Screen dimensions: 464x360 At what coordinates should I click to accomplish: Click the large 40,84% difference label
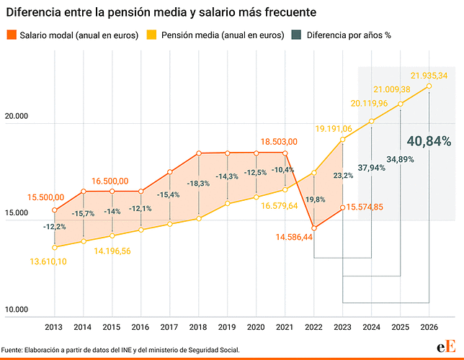(429, 141)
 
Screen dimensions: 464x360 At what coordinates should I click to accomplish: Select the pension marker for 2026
(429, 86)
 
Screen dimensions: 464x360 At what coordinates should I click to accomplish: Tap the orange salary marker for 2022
(314, 228)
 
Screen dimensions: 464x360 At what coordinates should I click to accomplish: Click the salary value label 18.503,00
(279, 142)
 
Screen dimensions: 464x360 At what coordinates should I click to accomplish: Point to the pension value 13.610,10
(48, 261)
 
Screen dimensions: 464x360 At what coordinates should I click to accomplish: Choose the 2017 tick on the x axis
(169, 327)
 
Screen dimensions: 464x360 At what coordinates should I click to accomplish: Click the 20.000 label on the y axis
(17, 116)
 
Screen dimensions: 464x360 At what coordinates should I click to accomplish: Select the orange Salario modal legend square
(12, 35)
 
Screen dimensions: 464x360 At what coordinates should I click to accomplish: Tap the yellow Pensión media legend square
(151, 35)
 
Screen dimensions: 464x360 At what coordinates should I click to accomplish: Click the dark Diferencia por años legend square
(296, 35)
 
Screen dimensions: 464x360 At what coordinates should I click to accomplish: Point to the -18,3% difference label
(198, 184)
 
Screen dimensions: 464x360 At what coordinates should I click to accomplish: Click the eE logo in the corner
(446, 346)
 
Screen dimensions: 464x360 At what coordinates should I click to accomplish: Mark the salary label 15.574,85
(365, 207)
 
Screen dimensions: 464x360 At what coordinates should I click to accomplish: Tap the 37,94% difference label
(371, 168)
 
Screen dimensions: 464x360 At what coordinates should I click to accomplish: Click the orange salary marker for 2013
(55, 210)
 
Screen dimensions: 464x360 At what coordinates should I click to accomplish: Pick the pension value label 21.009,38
(392, 89)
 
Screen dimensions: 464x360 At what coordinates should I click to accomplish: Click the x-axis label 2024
(371, 327)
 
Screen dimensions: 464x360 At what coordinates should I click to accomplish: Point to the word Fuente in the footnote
(12, 350)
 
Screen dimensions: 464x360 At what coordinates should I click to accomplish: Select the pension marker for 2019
(227, 204)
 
